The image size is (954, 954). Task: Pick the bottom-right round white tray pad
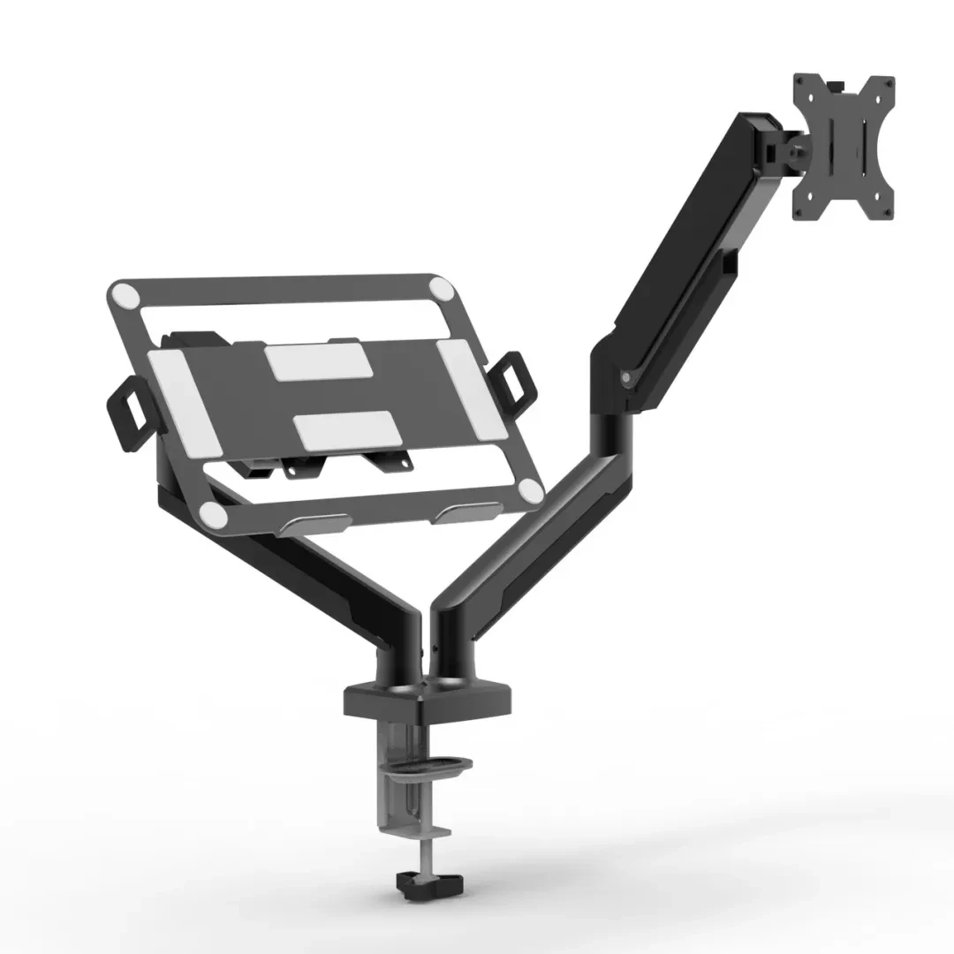[530, 490]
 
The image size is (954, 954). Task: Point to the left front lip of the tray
[317, 522]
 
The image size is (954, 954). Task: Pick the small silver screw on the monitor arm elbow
[626, 377]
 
